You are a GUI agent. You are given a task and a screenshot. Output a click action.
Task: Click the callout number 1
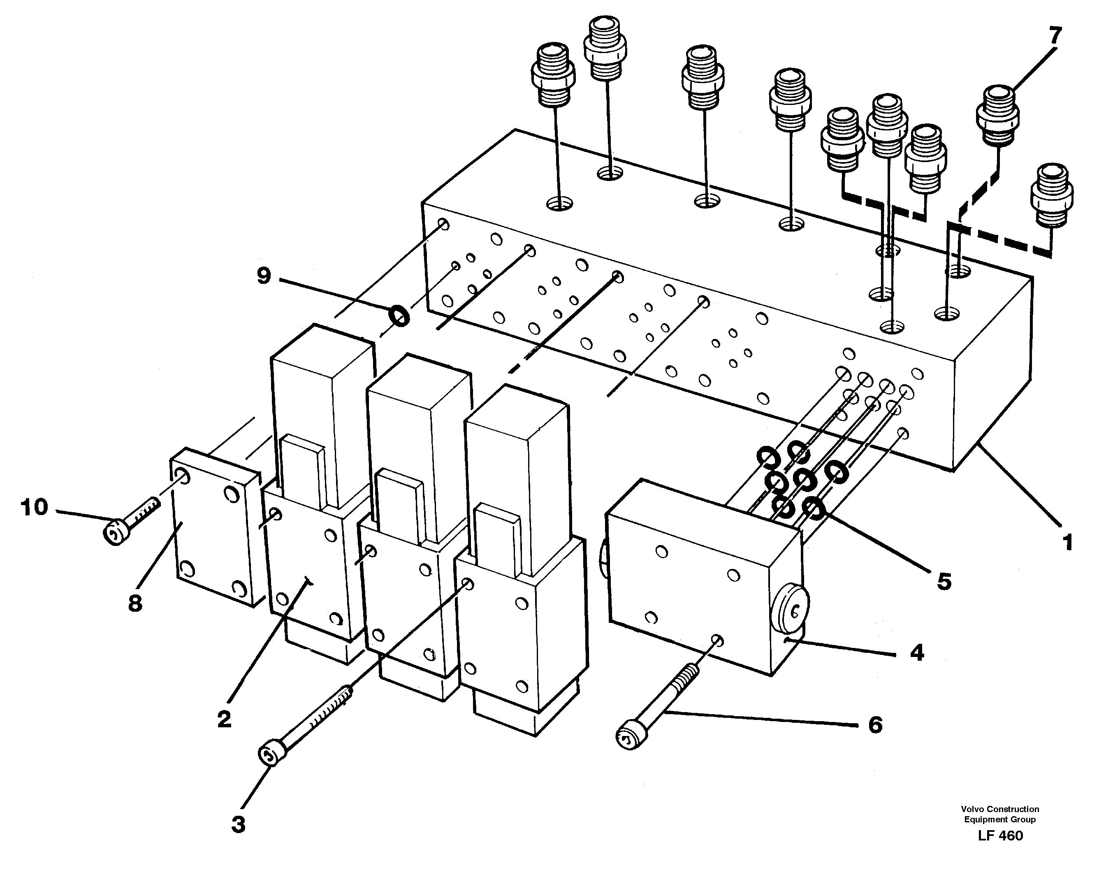click(x=1067, y=542)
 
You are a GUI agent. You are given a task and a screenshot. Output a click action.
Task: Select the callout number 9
click(x=263, y=276)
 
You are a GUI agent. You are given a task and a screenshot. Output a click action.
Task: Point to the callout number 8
click(x=135, y=603)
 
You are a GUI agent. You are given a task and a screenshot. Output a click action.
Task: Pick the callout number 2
click(x=224, y=720)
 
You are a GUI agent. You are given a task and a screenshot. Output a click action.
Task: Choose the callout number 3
click(x=239, y=825)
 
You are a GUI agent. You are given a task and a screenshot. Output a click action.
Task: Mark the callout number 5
click(x=944, y=581)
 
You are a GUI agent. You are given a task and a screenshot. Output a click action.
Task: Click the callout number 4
click(x=917, y=653)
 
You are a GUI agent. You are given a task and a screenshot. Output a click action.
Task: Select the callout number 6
click(x=875, y=725)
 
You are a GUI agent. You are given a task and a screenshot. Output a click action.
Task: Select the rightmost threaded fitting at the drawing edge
click(x=1052, y=195)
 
